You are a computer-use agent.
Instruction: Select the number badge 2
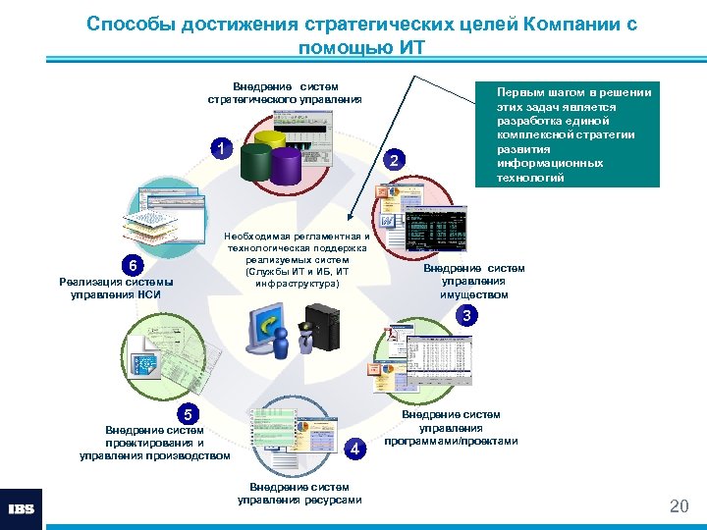tap(394, 159)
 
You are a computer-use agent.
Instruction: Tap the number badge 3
tap(468, 315)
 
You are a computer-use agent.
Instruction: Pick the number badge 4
tap(356, 448)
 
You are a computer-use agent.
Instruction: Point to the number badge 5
tap(189, 413)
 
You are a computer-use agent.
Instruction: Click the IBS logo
tap(21, 509)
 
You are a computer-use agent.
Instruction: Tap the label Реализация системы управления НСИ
tap(116, 288)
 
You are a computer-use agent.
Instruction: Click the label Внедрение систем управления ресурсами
tap(299, 493)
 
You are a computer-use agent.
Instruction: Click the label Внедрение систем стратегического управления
tap(285, 92)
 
